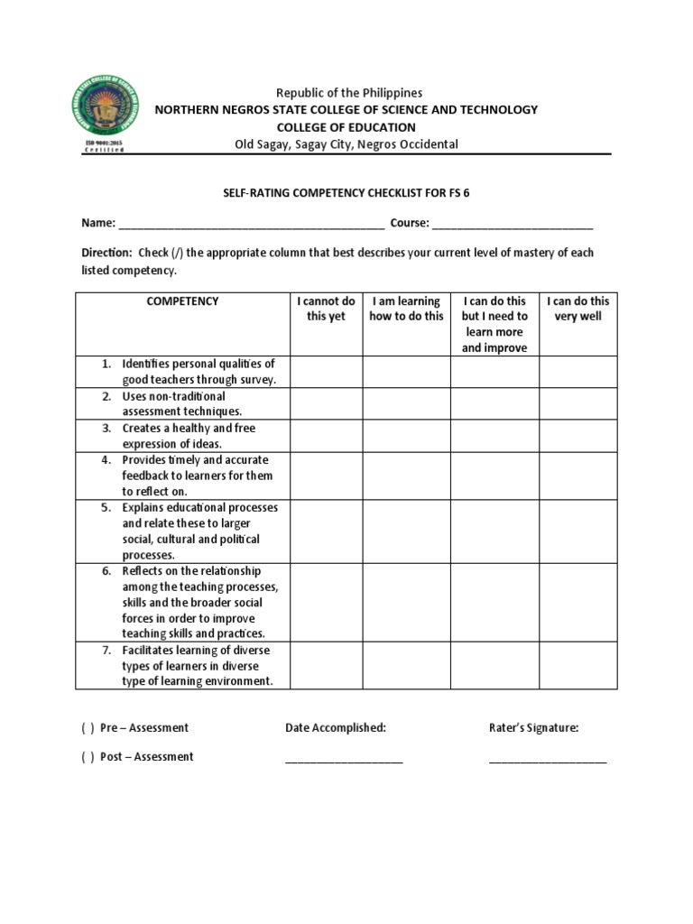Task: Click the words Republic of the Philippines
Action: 348,93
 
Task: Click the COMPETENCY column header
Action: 182,301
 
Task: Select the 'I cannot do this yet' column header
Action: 326,309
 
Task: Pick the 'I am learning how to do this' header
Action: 406,309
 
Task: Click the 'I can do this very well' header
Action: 578,309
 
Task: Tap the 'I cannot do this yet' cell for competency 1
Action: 326,372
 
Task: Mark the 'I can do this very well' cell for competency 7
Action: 578,665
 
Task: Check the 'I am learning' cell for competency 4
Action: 406,476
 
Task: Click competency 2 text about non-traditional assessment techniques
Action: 182,404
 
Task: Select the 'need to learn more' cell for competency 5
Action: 494,531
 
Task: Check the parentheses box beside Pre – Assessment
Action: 88,728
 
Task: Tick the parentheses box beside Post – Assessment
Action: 88,757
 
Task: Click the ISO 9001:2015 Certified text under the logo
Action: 104,146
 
